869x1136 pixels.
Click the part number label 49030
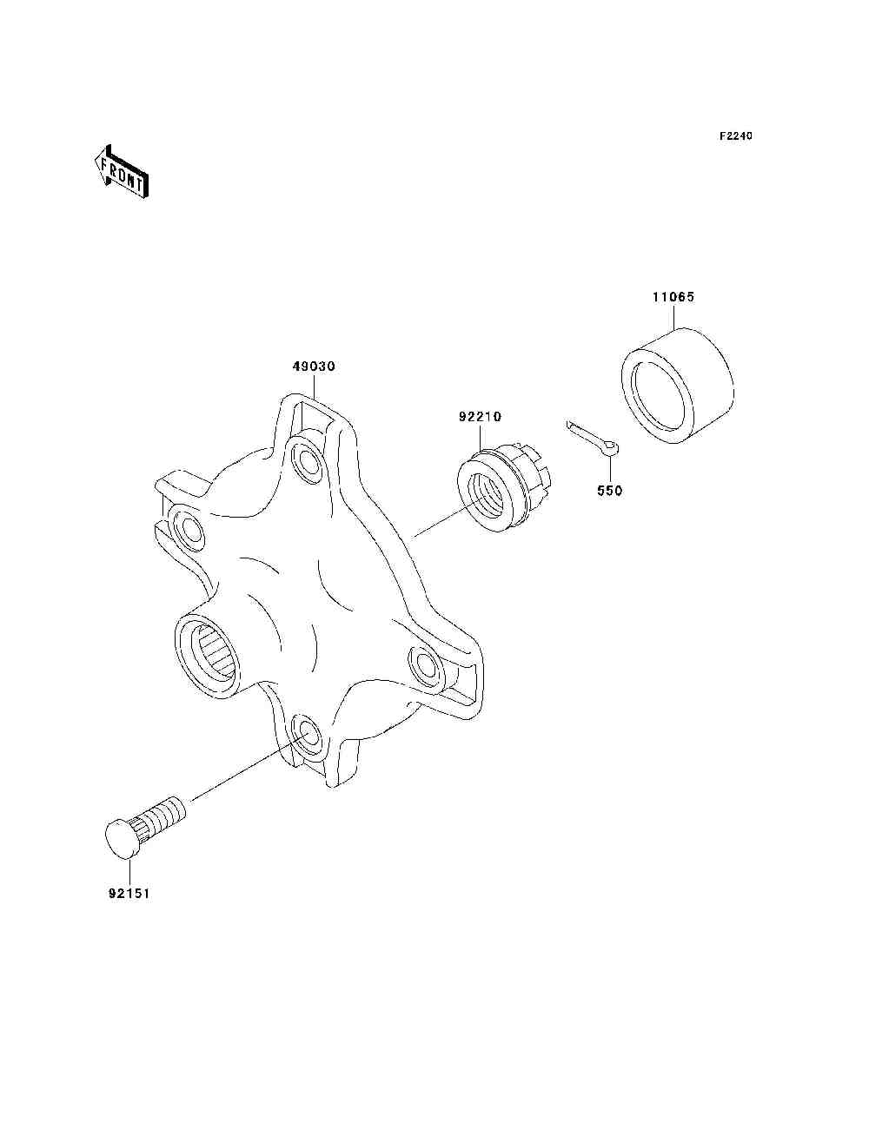(x=314, y=367)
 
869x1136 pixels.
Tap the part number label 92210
(x=480, y=417)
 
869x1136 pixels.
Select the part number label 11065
(x=673, y=297)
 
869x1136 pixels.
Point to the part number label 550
(x=609, y=490)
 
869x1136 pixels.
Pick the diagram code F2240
(x=735, y=136)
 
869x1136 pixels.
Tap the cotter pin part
(x=593, y=439)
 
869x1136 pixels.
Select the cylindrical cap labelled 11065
(x=677, y=386)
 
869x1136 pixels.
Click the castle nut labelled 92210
(x=503, y=489)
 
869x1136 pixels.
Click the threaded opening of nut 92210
(x=485, y=496)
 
